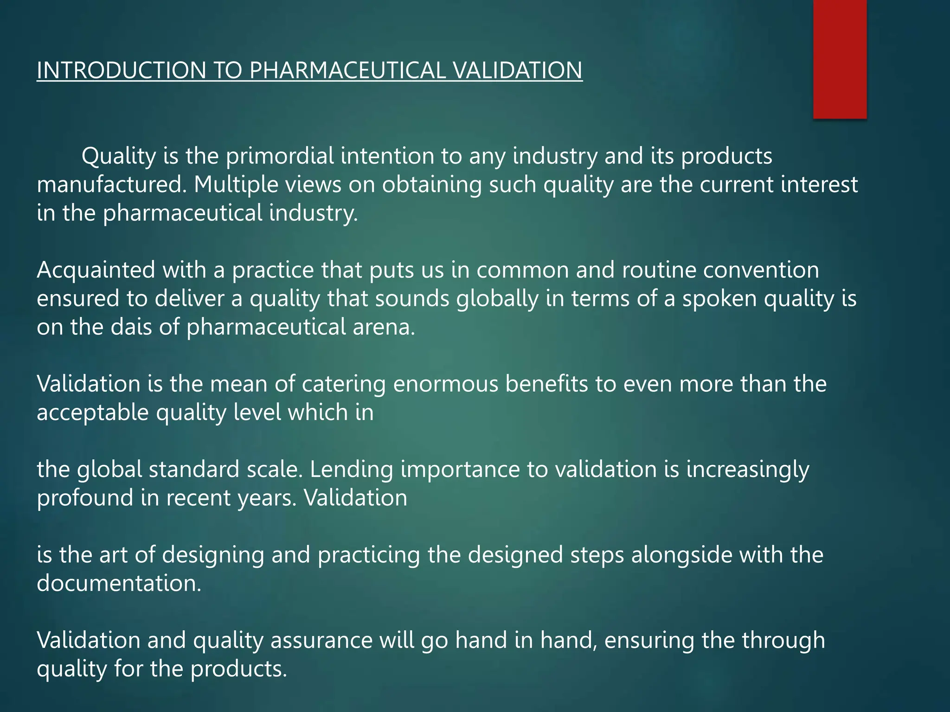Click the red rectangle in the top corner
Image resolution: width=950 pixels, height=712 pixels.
[x=840, y=59]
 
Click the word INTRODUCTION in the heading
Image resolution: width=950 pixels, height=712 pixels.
[x=121, y=70]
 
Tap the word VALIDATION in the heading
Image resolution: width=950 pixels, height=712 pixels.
[x=517, y=70]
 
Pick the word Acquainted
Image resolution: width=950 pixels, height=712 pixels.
[x=96, y=270]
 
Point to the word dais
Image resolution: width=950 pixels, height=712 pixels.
[x=131, y=327]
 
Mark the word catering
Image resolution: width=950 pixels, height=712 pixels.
[x=343, y=384]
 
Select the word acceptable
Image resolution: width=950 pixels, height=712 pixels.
[x=92, y=413]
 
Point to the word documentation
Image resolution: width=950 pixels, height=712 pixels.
[x=119, y=584]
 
